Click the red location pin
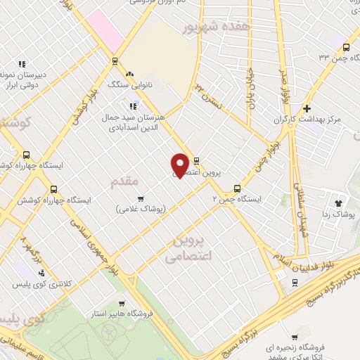tap(180, 165)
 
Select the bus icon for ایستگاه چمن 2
tap(237, 188)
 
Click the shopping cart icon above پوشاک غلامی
tap(140, 198)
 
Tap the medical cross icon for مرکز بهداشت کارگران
tap(307, 109)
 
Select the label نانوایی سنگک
tap(129, 84)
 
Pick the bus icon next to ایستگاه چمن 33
tap(345, 47)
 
